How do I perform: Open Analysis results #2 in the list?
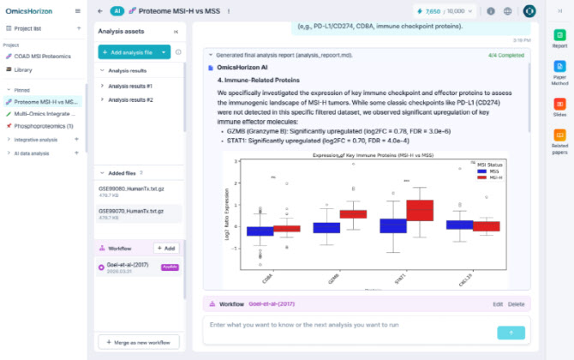130,99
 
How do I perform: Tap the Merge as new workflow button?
138,342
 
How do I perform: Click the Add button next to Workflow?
165,248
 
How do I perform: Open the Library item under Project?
24,69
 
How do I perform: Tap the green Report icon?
559,36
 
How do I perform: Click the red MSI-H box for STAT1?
420,209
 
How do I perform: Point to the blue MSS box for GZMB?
326,227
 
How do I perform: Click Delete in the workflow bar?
516,303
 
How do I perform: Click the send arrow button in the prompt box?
511,332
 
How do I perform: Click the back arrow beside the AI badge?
100,11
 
